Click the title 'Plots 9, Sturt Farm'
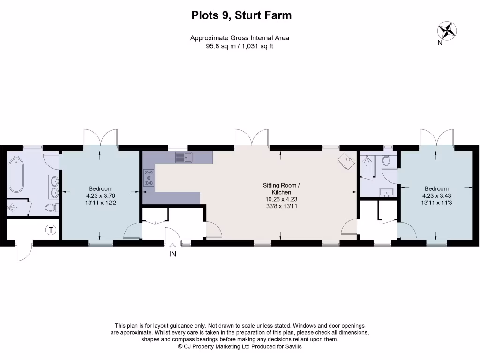click(241, 15)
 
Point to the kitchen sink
click(184, 157)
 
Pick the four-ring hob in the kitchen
click(149, 178)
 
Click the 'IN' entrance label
click(172, 255)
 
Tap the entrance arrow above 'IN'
click(172, 246)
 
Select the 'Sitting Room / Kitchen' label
click(281, 189)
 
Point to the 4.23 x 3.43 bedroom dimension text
click(436, 196)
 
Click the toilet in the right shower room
click(386, 161)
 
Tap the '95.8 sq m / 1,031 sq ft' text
click(240, 46)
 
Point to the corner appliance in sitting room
click(346, 162)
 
